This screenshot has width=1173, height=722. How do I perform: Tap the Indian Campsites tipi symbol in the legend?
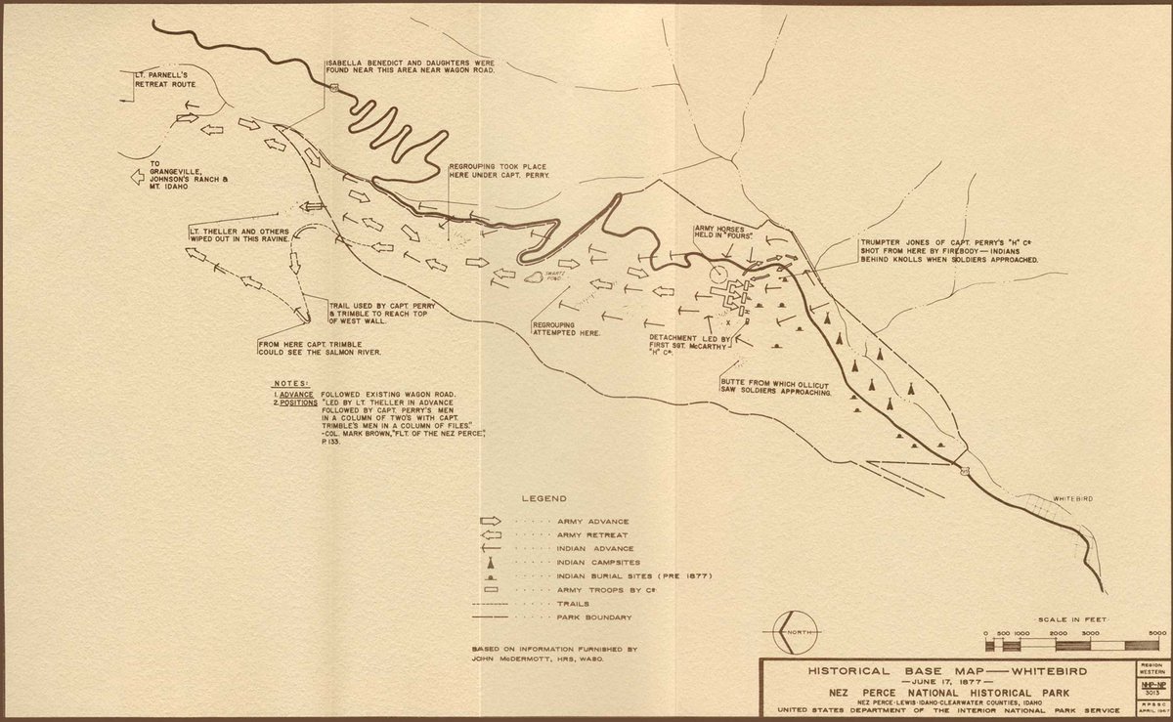pos(495,562)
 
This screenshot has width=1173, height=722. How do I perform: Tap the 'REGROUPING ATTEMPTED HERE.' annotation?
pos(567,327)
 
